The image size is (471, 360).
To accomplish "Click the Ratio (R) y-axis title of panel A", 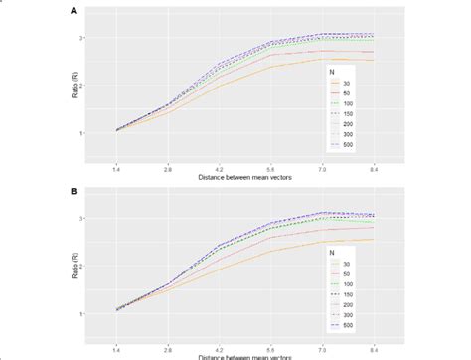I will coord(83,85).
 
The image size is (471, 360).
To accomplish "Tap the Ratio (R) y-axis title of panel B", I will coord(83,265).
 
